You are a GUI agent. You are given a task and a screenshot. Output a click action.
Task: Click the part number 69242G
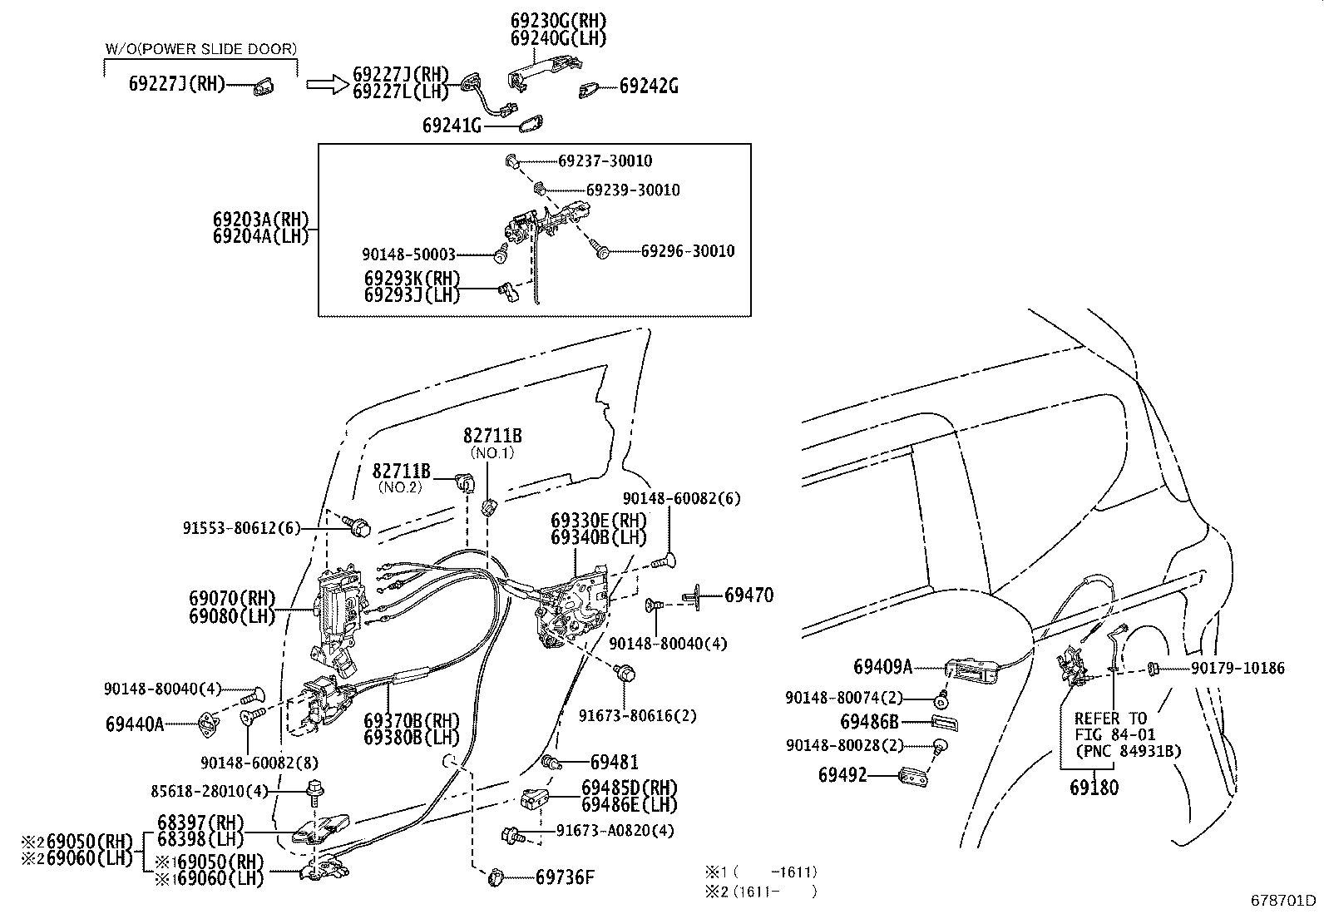pyautogui.click(x=648, y=85)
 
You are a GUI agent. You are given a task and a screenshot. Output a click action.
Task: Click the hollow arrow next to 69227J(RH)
pyautogui.click(x=324, y=83)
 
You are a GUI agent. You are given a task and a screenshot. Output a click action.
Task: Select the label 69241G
pyautogui.click(x=452, y=126)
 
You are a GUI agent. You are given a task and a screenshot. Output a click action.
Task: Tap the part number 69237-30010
pyautogui.click(x=605, y=161)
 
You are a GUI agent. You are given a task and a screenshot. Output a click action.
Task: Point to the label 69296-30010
pyautogui.click(x=688, y=251)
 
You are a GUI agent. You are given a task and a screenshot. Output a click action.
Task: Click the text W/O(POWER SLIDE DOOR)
pyautogui.click(x=200, y=49)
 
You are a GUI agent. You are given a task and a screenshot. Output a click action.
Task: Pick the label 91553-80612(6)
pyautogui.click(x=241, y=527)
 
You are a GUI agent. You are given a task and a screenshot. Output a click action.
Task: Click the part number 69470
pyautogui.click(x=748, y=595)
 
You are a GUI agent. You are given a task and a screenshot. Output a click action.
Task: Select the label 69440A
pyautogui.click(x=135, y=724)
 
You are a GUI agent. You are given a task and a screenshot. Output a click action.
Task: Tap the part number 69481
pyautogui.click(x=615, y=762)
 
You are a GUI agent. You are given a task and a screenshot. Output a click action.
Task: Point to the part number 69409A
pyautogui.click(x=882, y=666)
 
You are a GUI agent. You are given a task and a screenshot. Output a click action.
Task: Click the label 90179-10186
pyautogui.click(x=1237, y=668)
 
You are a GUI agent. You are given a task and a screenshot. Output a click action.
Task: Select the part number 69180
pyautogui.click(x=1094, y=788)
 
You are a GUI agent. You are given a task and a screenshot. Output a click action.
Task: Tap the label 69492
pyautogui.click(x=842, y=775)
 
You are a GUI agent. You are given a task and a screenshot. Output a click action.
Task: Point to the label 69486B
pyautogui.click(x=869, y=722)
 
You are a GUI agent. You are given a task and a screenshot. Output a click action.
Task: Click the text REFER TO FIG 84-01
pyautogui.click(x=1110, y=726)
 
